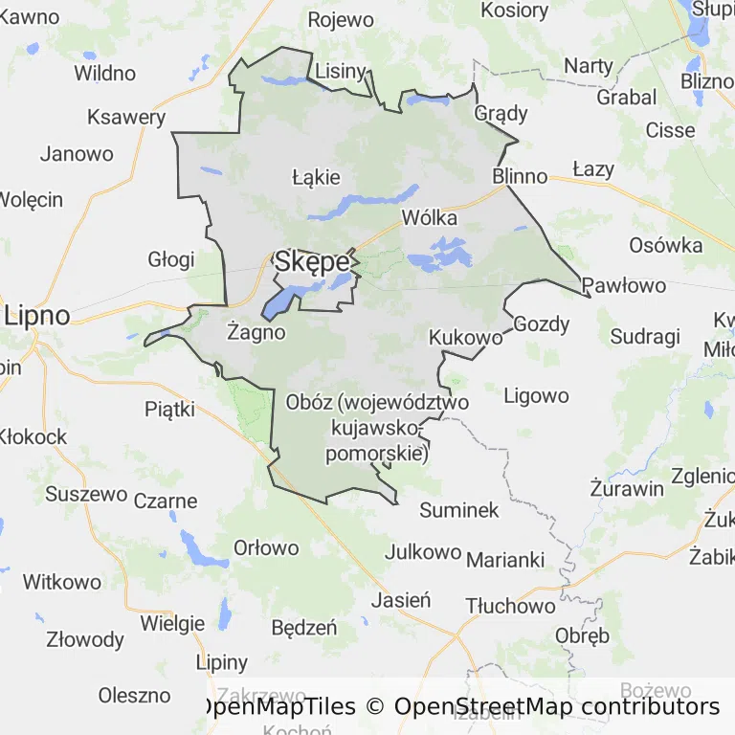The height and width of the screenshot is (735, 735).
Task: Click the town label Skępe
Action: [311, 261]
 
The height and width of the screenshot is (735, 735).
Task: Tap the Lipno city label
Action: [37, 316]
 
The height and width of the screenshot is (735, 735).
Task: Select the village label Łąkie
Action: [316, 177]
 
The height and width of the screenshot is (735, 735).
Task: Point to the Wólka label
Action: [430, 217]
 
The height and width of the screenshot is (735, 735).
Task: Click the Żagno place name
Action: [256, 332]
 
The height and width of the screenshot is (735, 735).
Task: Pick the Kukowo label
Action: [466, 338]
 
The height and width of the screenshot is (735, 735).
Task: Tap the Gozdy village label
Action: [542, 323]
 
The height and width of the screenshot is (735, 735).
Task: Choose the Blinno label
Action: [520, 176]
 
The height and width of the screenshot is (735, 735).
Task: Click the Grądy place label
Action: [501, 113]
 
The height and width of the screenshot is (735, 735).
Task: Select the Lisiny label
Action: [341, 70]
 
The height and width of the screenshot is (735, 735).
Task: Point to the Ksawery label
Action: [125, 117]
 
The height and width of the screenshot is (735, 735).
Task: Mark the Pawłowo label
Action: [624, 284]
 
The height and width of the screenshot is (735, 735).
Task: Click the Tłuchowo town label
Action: [510, 606]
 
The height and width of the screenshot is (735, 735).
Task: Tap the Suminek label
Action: [459, 510]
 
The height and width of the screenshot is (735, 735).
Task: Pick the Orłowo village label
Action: [267, 548]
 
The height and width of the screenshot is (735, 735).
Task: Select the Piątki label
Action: [169, 410]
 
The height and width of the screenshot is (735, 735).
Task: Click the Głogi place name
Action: [171, 258]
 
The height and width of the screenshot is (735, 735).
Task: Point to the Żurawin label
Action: [627, 488]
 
